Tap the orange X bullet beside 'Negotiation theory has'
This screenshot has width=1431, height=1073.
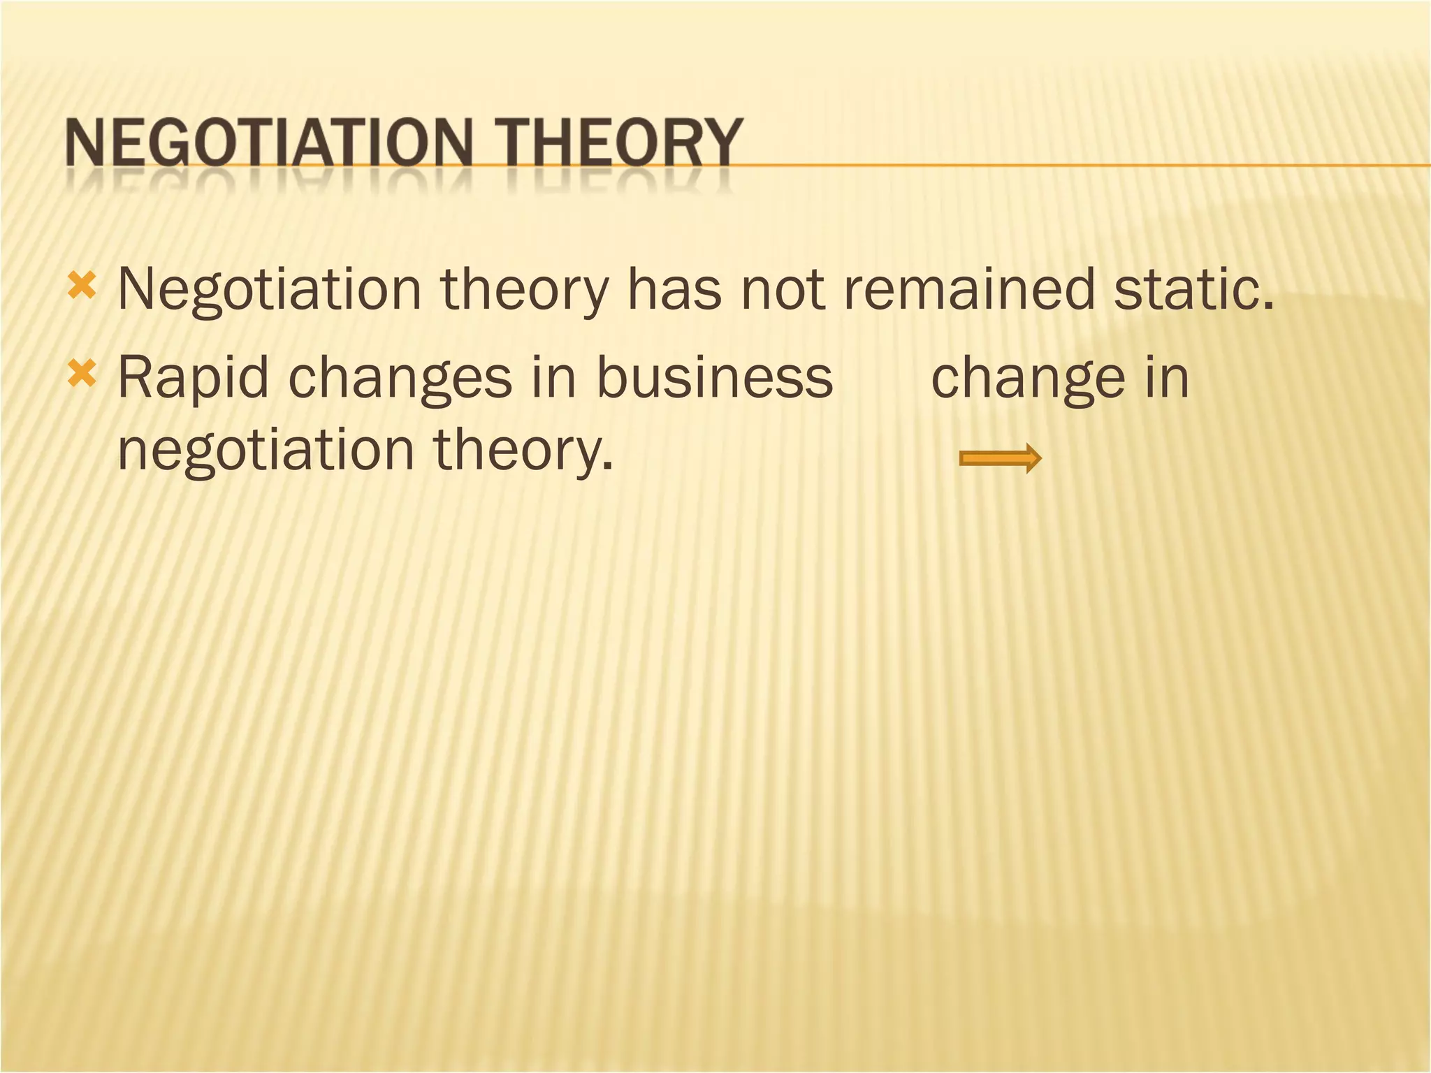point(82,286)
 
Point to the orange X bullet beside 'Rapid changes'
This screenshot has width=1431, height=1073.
point(82,375)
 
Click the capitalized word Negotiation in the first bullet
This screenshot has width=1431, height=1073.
point(270,290)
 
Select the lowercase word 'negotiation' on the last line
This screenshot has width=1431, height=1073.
point(266,451)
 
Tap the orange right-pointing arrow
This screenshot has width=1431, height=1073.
point(1000,459)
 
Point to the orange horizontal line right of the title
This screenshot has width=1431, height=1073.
point(1083,166)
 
